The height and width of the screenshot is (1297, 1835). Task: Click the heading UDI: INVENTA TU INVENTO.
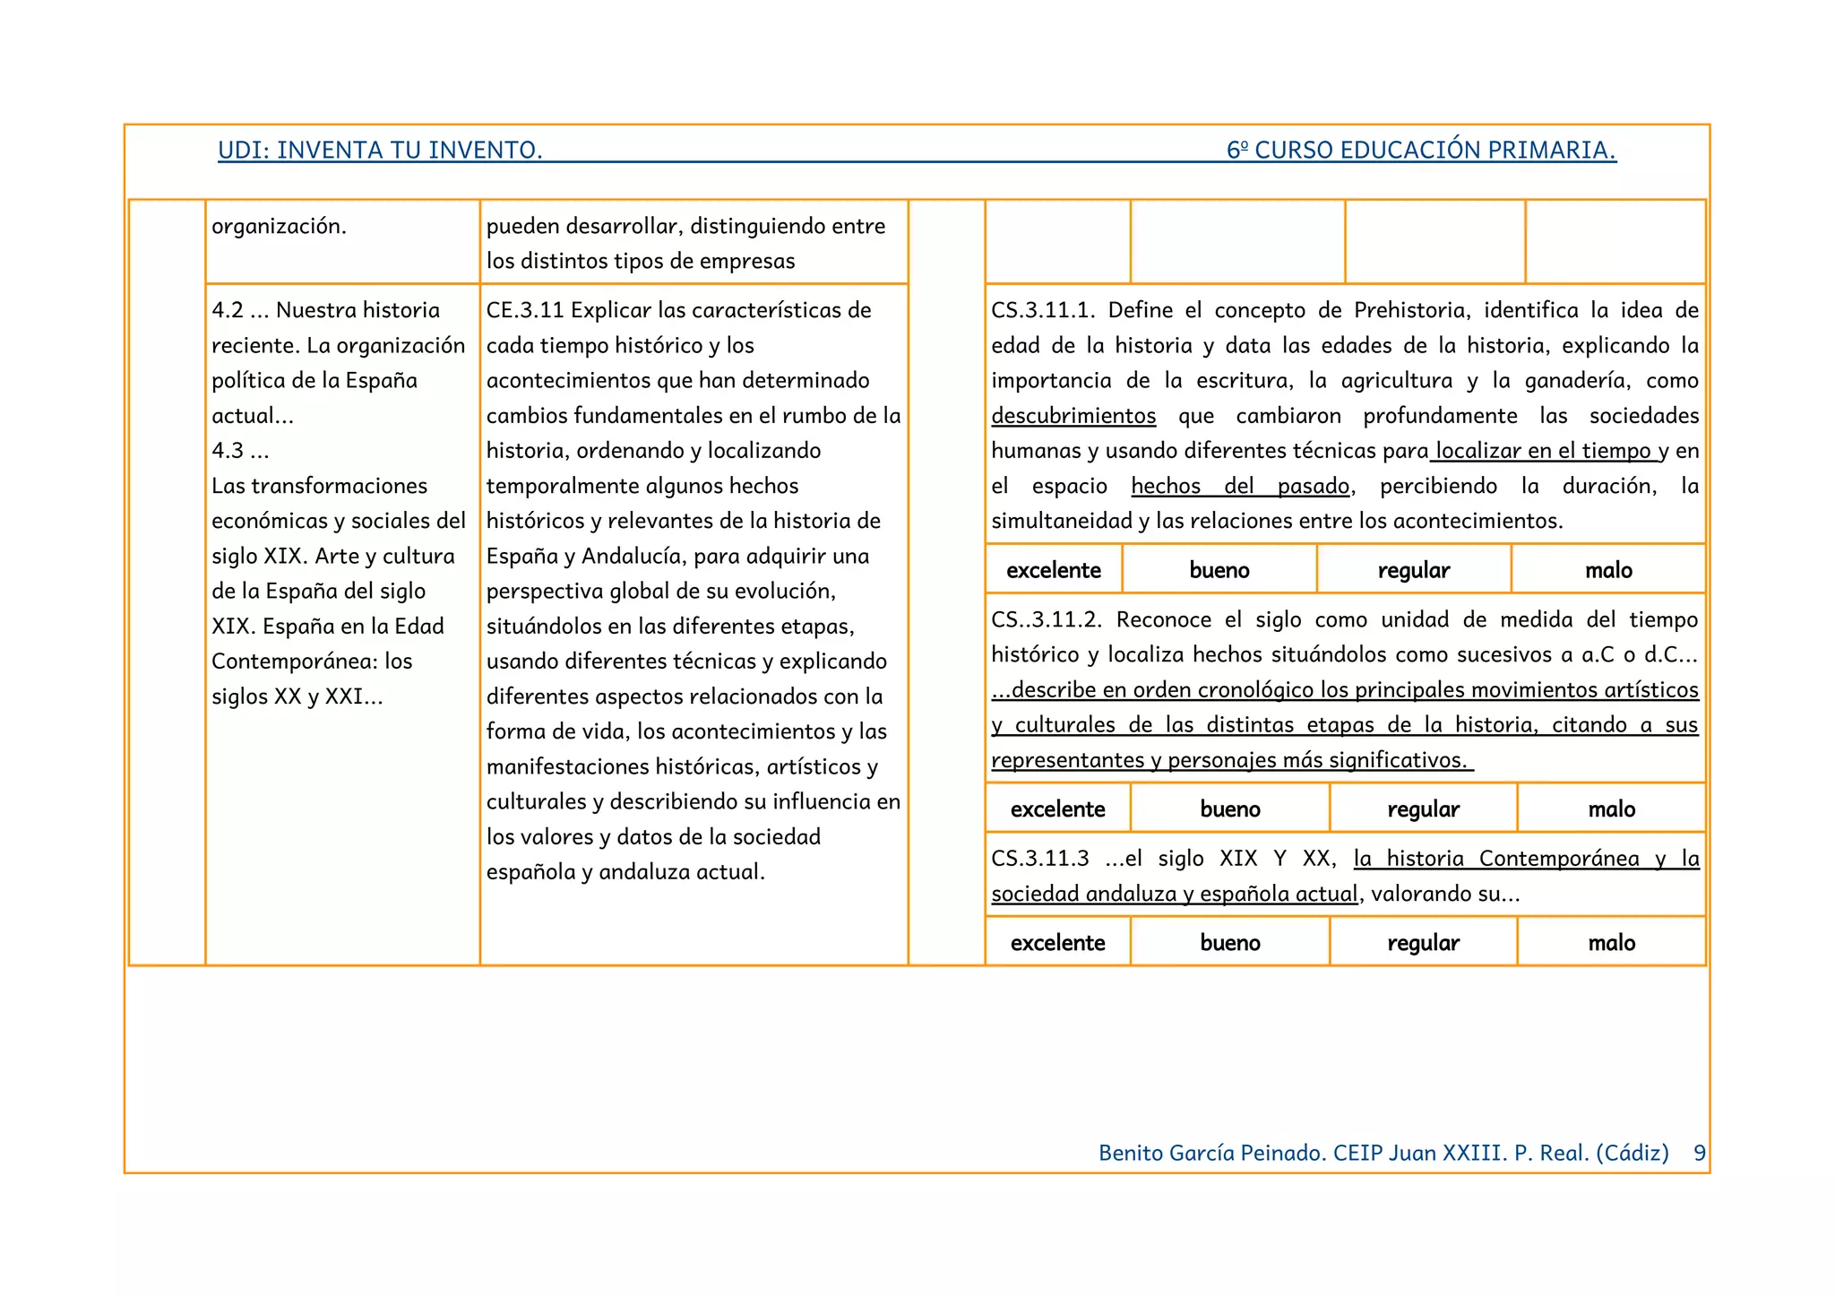pos(380,150)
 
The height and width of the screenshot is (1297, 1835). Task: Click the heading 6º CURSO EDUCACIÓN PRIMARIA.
pos(1421,150)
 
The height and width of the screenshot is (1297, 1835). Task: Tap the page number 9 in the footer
pos(1699,1153)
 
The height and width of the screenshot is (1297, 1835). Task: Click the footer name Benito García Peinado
pos(1211,1153)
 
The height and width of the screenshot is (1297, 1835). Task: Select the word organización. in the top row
pos(279,226)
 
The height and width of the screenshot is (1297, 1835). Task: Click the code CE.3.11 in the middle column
pos(525,310)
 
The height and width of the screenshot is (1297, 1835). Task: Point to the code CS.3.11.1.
pos(1043,310)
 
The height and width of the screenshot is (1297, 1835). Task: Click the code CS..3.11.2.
pos(1047,619)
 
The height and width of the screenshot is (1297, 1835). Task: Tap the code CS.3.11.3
pos(1040,859)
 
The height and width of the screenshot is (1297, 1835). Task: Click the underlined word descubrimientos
pos(1073,416)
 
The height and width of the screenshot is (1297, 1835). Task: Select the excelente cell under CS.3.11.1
pos(1054,570)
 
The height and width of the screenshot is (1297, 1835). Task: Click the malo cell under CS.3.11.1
pos(1608,570)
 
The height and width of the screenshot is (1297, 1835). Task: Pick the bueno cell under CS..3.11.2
pos(1230,809)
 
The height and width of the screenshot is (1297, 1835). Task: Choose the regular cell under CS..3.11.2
pos(1423,809)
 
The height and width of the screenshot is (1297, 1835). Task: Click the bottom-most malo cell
pos(1611,943)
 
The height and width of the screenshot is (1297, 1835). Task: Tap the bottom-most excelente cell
pos(1057,943)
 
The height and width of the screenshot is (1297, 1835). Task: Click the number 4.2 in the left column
pos(228,310)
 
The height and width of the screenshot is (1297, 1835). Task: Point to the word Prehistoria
pos(1411,310)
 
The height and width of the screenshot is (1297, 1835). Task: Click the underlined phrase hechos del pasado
pos(1240,486)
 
